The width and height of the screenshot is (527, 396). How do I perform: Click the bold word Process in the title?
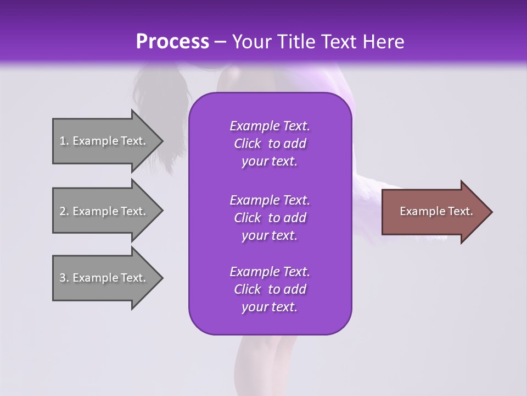coord(172,41)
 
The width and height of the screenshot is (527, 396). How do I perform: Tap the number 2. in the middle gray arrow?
coord(64,211)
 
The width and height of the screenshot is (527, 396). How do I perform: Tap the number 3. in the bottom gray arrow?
coord(64,278)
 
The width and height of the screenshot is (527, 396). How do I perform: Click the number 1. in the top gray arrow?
coord(64,141)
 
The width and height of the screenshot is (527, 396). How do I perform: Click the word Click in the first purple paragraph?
coord(248,144)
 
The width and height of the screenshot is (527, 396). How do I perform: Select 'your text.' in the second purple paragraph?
coord(270,235)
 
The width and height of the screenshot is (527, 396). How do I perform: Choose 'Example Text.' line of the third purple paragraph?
coord(270,272)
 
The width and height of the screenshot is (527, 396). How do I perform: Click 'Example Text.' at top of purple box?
coord(270,126)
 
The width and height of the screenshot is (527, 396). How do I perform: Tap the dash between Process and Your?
coord(221,42)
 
